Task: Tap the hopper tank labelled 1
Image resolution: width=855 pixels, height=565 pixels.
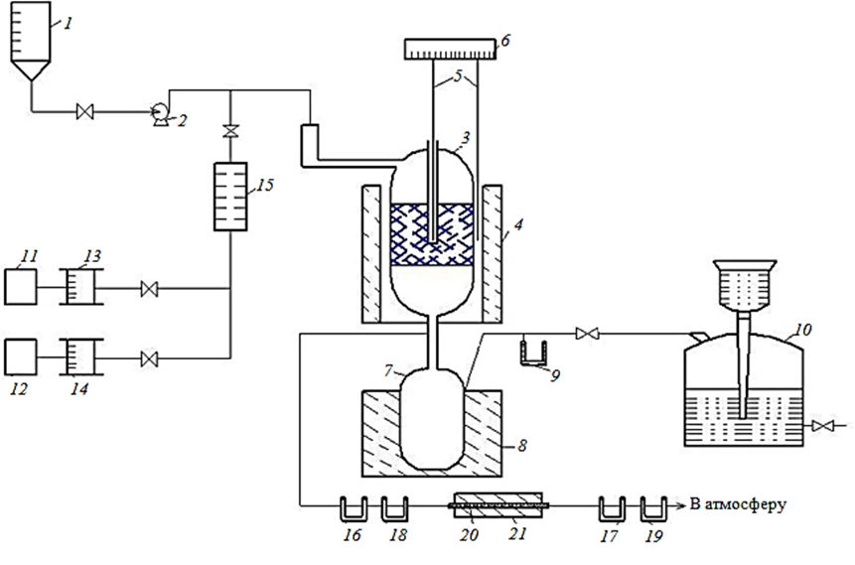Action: (31, 41)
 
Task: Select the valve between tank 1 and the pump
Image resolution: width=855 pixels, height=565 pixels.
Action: (85, 112)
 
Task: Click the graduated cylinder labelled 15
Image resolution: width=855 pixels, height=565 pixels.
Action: (230, 197)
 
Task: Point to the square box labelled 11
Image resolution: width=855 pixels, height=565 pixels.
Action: (21, 286)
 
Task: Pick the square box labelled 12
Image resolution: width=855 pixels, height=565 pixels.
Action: (21, 357)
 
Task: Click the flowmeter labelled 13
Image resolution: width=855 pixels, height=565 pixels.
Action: (81, 286)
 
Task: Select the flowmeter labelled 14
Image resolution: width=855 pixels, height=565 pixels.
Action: (81, 357)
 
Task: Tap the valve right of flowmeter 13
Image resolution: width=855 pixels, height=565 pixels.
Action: (149, 289)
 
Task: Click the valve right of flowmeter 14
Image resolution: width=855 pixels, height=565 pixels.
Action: (149, 359)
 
